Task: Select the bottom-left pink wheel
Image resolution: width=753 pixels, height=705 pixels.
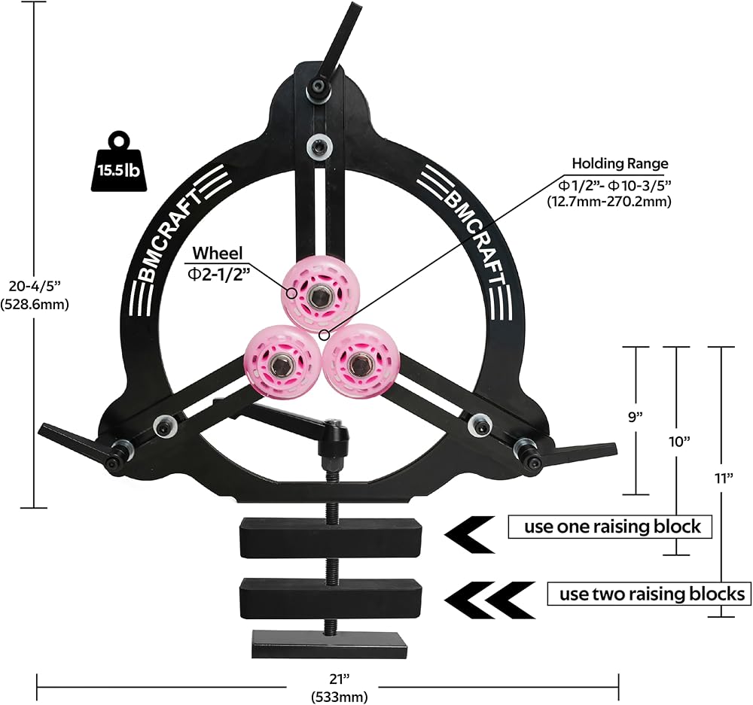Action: pyautogui.click(x=278, y=363)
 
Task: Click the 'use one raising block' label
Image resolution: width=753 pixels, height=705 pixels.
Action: pyautogui.click(x=611, y=527)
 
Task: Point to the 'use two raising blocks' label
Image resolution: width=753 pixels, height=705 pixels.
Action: pyautogui.click(x=649, y=594)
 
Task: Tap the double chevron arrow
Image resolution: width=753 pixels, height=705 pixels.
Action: pyautogui.click(x=489, y=600)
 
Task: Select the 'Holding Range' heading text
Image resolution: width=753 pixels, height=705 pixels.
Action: pyautogui.click(x=620, y=164)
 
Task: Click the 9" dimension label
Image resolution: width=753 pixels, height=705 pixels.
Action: pyautogui.click(x=636, y=417)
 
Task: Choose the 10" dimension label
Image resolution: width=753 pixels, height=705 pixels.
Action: pyautogui.click(x=678, y=442)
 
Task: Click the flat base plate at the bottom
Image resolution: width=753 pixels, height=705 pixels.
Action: pyautogui.click(x=329, y=645)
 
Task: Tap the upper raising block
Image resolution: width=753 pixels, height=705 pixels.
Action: pyautogui.click(x=331, y=537)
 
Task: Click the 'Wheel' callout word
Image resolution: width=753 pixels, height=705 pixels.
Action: pyautogui.click(x=218, y=253)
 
